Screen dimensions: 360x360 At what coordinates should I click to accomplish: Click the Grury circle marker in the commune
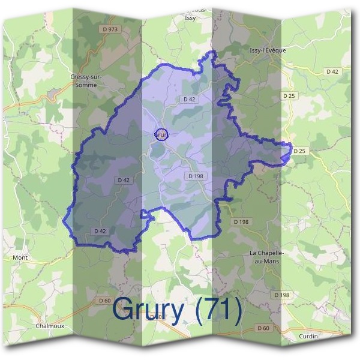(161, 134)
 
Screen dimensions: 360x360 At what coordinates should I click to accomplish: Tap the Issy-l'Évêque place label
(268, 50)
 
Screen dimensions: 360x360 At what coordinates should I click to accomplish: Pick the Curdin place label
(308, 336)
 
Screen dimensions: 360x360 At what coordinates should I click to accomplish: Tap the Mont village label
(20, 257)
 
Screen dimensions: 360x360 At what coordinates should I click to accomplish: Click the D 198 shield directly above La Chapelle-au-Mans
(240, 222)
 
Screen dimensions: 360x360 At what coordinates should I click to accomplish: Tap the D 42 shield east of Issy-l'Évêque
(332, 71)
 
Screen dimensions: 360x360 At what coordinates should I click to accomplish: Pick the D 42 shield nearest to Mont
(100, 230)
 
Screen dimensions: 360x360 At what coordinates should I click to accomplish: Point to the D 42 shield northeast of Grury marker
(189, 98)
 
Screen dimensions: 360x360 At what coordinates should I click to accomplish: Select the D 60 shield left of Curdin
(263, 328)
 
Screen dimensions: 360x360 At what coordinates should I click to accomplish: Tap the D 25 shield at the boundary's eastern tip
(300, 150)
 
